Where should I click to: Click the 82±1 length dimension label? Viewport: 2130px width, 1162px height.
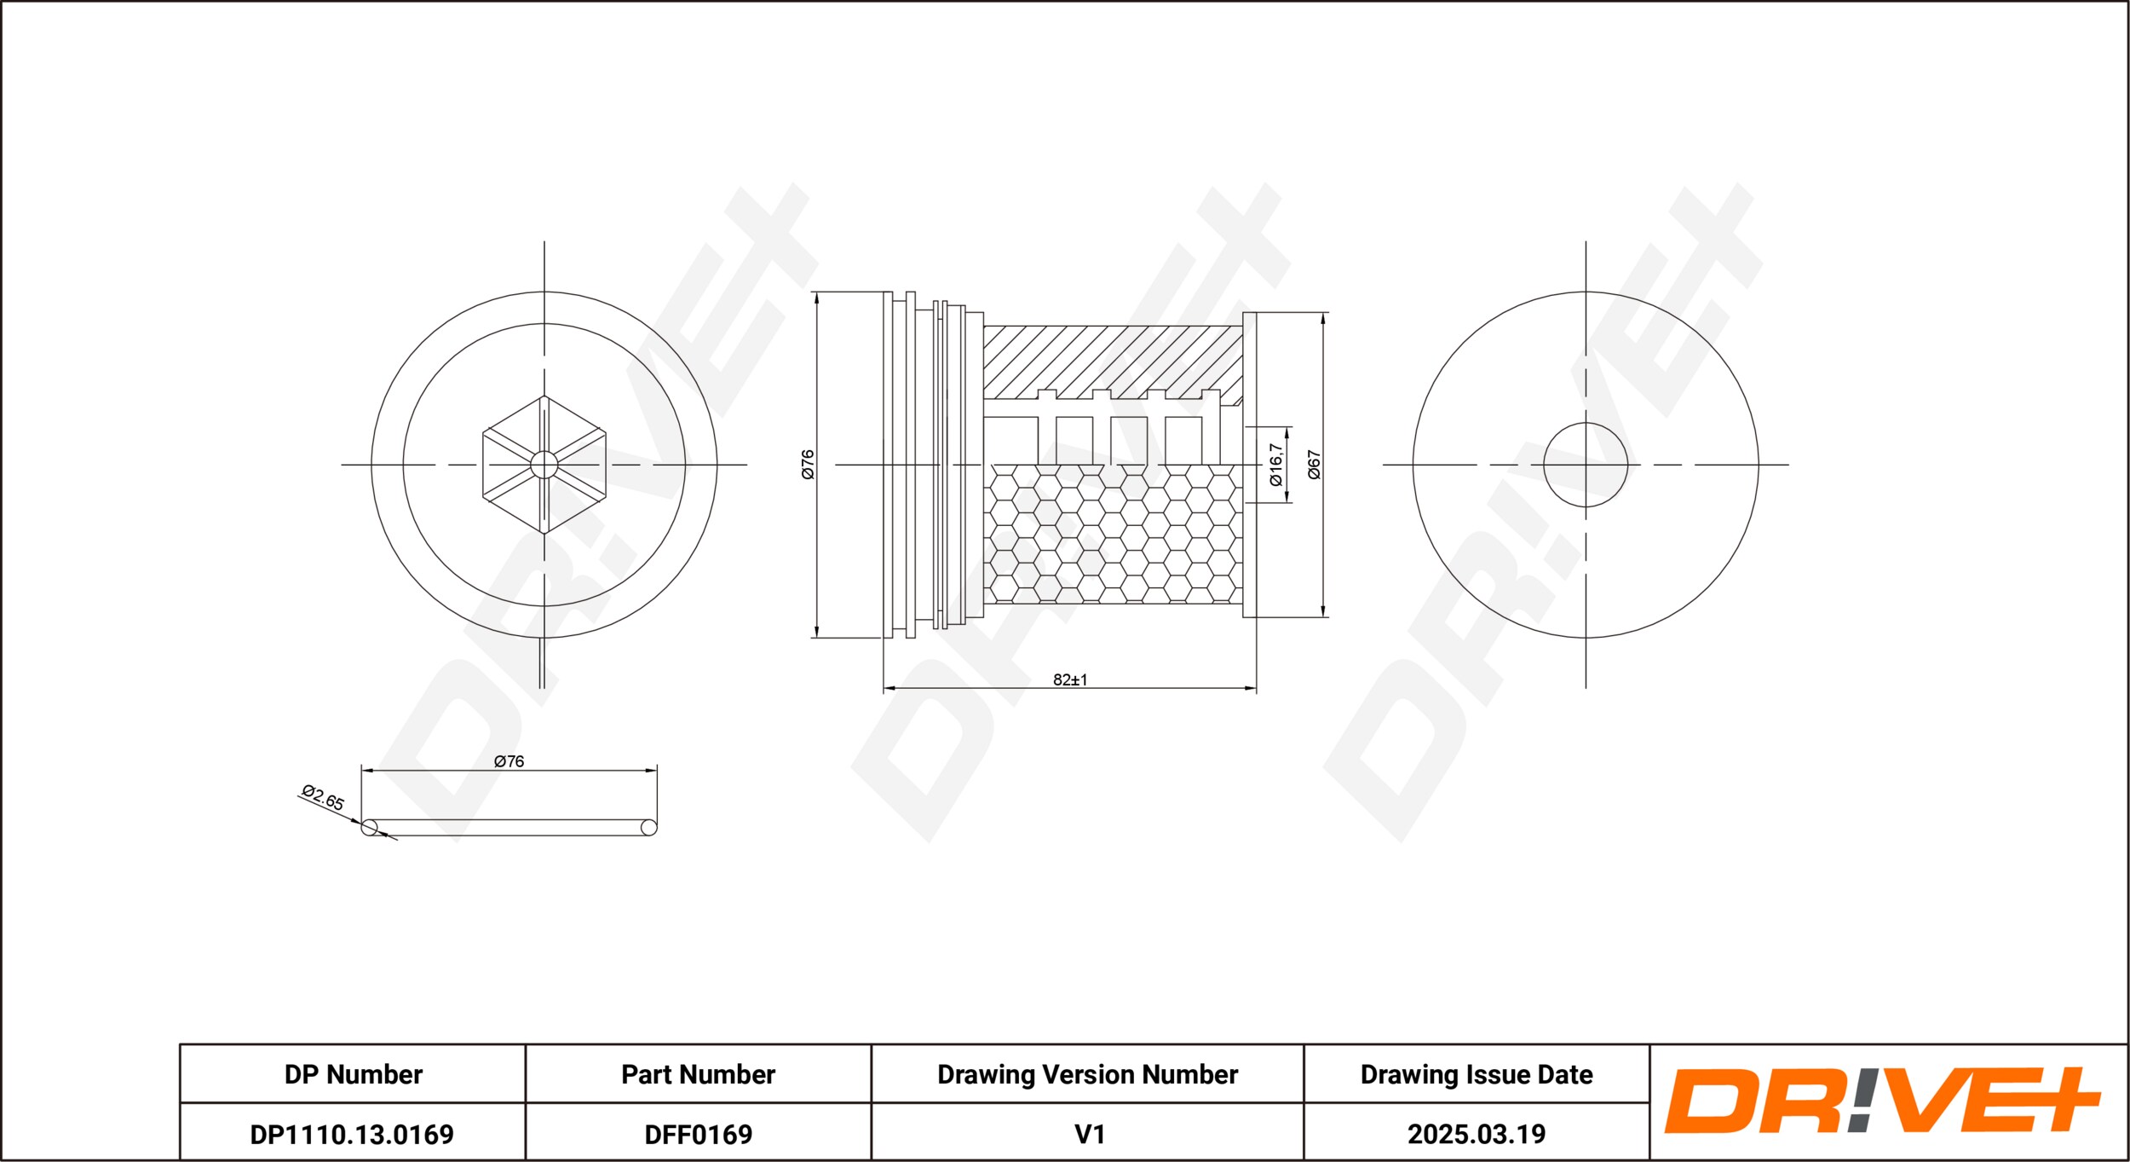[1070, 679]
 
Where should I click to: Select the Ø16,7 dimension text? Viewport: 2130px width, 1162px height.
[1275, 465]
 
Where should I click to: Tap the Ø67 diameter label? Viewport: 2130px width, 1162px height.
[1314, 465]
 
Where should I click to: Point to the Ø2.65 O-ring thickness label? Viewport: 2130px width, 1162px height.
[323, 797]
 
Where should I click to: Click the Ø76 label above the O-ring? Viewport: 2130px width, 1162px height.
[509, 761]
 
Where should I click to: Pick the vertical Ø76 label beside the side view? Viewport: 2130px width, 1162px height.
[808, 465]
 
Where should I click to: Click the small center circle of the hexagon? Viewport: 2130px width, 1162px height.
[544, 465]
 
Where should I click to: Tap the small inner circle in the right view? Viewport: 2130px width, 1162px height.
[1586, 465]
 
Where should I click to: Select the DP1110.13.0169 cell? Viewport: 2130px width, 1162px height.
[352, 1134]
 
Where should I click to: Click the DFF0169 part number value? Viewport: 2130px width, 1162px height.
[699, 1134]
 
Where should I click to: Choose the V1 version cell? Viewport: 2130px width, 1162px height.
[1090, 1134]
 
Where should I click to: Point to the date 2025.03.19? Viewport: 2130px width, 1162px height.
[1477, 1134]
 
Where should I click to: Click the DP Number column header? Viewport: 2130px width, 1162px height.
[354, 1074]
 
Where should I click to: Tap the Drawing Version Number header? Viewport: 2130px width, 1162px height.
[1088, 1074]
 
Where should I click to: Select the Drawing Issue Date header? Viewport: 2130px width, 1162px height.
[1477, 1074]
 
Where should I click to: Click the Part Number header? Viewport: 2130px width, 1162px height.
[699, 1074]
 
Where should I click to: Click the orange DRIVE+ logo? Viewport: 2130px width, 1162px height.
[1883, 1101]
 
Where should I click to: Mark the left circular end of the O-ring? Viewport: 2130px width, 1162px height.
[369, 827]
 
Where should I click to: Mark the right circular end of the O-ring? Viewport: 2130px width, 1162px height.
[649, 827]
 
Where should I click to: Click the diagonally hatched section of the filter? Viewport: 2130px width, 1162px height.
[1113, 361]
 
